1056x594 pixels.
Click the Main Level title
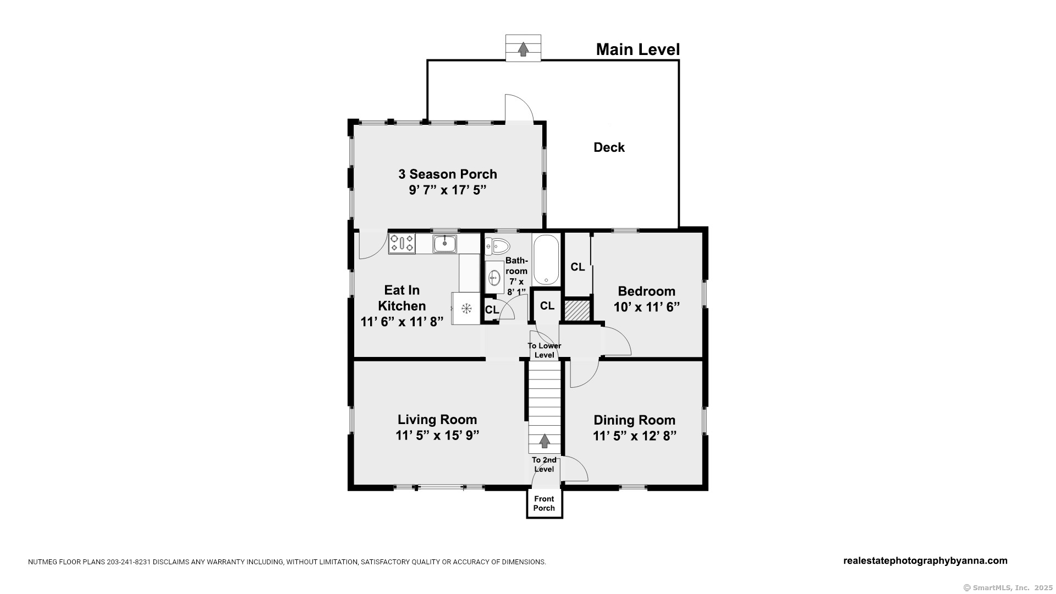coord(637,50)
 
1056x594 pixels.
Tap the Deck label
coord(609,147)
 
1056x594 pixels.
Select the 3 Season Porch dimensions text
coord(447,190)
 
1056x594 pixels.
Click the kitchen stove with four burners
coord(402,244)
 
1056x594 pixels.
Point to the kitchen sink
coord(444,243)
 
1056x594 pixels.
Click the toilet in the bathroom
coord(497,245)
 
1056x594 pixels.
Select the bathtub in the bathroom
coord(546,260)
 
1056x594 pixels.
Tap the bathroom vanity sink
coord(494,277)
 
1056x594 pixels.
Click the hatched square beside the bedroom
coord(577,309)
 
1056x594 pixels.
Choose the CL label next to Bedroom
coord(577,267)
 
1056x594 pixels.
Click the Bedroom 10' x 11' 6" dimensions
coord(646,307)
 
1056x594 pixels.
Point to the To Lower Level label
coord(544,350)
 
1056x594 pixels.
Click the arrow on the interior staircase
coord(544,441)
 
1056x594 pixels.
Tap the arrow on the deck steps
coord(524,50)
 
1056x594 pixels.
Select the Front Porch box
coord(544,504)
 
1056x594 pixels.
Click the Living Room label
coord(437,420)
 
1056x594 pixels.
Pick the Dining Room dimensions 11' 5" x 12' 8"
coord(634,436)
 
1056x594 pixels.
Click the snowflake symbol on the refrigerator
coord(466,309)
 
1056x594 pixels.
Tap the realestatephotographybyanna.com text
coord(925,560)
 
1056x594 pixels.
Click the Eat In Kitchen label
coord(402,298)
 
